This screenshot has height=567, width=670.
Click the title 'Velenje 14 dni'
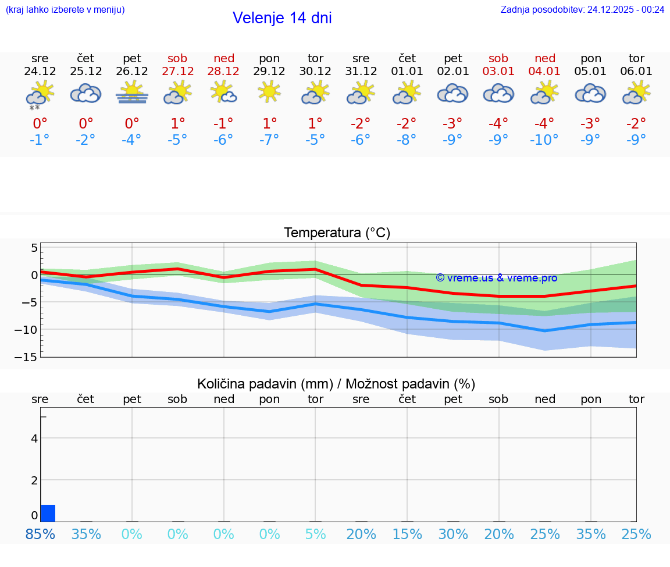point(282,18)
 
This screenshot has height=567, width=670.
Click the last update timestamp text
point(582,9)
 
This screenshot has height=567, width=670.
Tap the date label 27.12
point(178,71)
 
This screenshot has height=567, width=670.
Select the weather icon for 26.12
point(132,93)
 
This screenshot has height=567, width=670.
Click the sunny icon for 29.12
point(269,92)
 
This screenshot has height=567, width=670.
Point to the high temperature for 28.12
point(223,123)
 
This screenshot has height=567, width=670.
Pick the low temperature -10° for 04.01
point(544,140)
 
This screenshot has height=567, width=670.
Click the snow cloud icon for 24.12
point(40,94)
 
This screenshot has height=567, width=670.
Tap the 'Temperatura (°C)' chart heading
point(337,233)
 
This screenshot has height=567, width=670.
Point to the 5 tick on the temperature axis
point(34,248)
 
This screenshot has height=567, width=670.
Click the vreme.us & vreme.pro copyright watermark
point(496,278)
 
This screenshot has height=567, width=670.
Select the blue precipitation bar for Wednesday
point(48,513)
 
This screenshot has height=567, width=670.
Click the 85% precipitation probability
point(40,534)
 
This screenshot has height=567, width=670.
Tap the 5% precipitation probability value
point(315,534)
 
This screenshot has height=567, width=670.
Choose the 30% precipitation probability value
point(453,534)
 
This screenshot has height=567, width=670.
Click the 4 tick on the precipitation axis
point(34,438)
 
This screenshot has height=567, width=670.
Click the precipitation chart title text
point(336,384)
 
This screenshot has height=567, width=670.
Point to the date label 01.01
point(407,71)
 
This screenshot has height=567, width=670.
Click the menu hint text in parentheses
point(65,9)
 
